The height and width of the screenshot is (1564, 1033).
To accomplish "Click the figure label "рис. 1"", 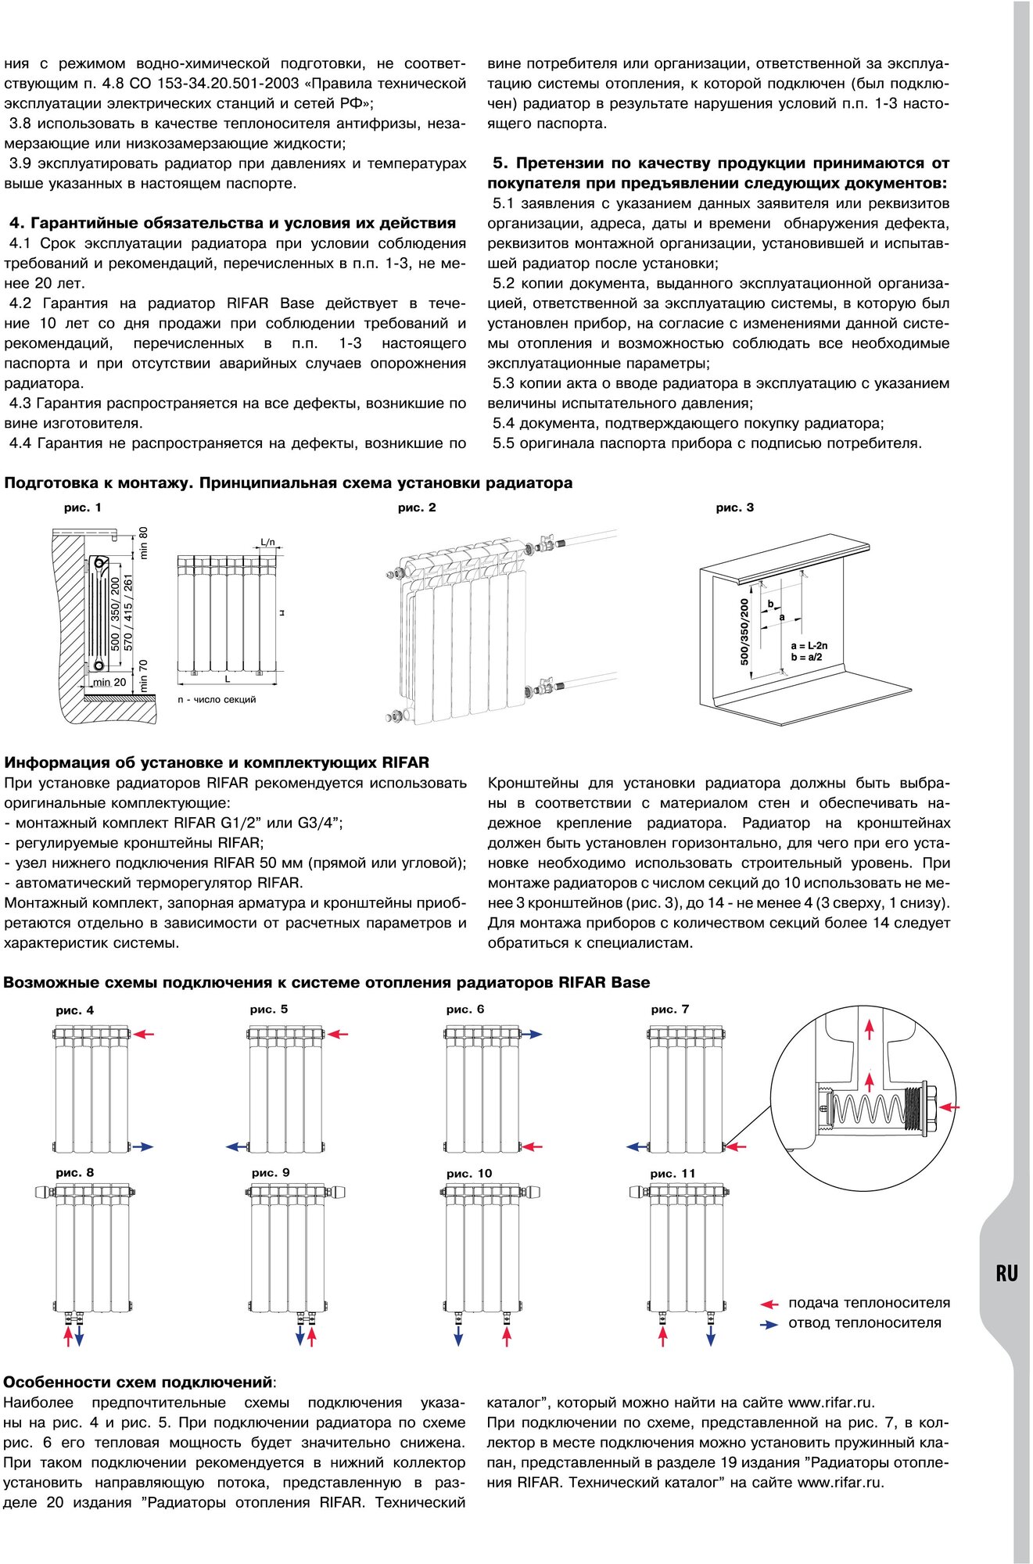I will (x=82, y=508).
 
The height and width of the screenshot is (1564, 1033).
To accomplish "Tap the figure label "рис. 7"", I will (x=669, y=1010).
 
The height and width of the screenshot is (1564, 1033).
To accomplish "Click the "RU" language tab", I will (x=1006, y=1273).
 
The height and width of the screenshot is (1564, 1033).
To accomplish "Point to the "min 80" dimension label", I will (x=143, y=543).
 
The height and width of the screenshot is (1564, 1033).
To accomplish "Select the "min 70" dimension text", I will (x=143, y=675).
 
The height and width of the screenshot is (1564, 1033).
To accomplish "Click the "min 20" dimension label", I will (x=109, y=682).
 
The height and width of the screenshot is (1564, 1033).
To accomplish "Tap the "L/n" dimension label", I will (x=267, y=542).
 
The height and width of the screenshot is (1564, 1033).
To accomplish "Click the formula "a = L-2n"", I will (x=809, y=646).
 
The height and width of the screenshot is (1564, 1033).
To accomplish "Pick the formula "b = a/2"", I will (x=805, y=658).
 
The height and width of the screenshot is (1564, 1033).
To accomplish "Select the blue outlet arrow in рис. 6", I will (x=532, y=1034).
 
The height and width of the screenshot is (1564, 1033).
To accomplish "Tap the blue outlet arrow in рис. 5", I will (x=237, y=1147).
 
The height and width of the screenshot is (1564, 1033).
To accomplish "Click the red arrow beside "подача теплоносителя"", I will (x=769, y=1304).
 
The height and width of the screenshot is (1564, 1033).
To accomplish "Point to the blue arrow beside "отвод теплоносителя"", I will (x=769, y=1325).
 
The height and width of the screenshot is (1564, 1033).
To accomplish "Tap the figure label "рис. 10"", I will (x=469, y=1173).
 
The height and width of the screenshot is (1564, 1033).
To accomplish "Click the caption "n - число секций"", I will (x=217, y=699).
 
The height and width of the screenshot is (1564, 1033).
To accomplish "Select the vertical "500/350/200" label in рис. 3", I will (x=744, y=632).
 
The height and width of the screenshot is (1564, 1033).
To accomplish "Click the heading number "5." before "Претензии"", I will (x=500, y=163).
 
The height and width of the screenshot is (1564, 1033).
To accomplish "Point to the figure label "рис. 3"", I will (x=734, y=508).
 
